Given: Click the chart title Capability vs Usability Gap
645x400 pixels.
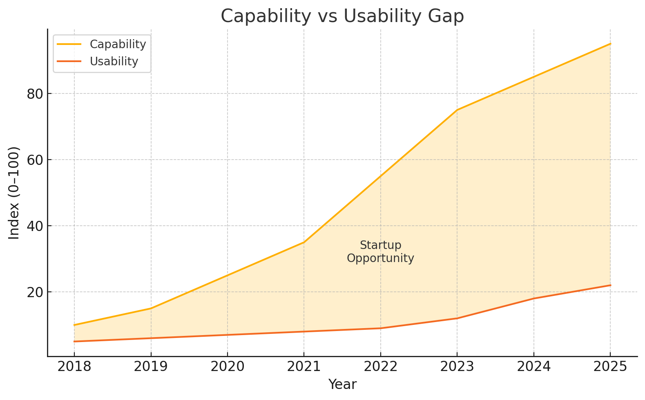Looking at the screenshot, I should point(342,16).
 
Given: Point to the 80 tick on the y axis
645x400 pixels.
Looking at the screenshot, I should point(35,94).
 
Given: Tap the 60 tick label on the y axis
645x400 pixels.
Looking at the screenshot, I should point(35,160).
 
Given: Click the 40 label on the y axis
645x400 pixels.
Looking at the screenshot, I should point(35,226).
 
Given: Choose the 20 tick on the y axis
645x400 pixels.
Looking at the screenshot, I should point(35,292).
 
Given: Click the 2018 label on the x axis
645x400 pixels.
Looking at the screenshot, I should point(74,367).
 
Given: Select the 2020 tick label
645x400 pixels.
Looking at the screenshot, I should point(228,367).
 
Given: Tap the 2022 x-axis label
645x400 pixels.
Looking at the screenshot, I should point(381,367).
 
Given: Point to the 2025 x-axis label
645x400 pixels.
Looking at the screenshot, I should point(610,367).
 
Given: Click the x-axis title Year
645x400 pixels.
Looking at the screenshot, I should point(342,384).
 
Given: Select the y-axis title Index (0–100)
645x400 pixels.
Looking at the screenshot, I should point(14,193).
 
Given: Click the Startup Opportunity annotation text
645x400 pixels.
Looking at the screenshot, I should point(381,252).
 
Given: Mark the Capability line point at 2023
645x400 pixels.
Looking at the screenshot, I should point(457,110).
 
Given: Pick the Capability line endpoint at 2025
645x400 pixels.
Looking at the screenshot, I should point(610,44).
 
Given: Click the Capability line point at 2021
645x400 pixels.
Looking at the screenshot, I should point(304,242).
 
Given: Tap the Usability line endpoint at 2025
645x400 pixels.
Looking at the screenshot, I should point(610,285).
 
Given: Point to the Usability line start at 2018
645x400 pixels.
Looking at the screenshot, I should point(74,341).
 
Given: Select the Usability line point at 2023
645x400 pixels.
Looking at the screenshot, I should point(457,318).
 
